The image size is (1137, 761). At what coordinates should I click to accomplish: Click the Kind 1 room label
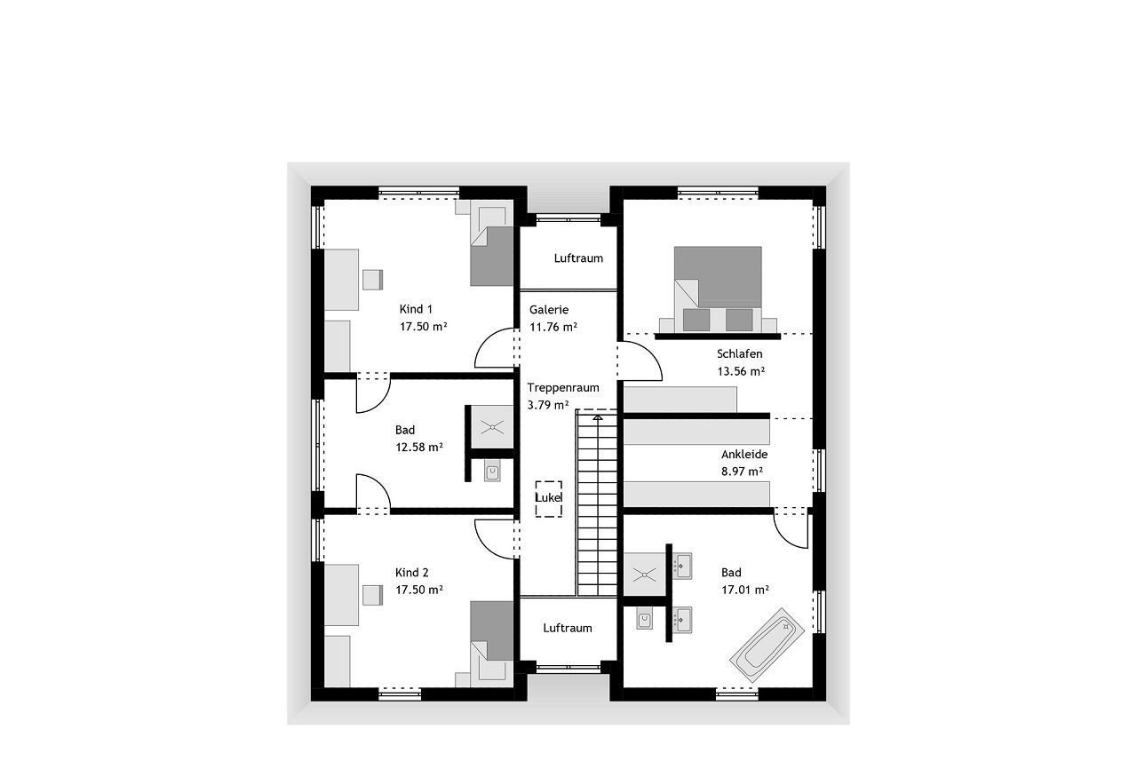pyautogui.click(x=416, y=309)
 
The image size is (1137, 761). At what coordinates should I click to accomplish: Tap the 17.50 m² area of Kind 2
pyautogui.click(x=419, y=590)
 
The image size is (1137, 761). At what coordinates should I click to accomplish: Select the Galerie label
pyautogui.click(x=549, y=310)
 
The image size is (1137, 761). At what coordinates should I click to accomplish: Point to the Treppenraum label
pyautogui.click(x=563, y=387)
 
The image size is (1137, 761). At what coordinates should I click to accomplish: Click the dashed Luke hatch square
pyautogui.click(x=549, y=499)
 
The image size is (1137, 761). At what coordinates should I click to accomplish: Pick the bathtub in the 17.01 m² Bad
pyautogui.click(x=767, y=645)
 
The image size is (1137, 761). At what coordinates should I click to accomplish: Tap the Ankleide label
pyautogui.click(x=744, y=454)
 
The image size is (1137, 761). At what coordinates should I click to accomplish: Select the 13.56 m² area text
pyautogui.click(x=741, y=371)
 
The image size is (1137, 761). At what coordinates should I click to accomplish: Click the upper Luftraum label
pyautogui.click(x=578, y=258)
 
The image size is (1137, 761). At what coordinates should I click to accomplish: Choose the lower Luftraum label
pyautogui.click(x=568, y=628)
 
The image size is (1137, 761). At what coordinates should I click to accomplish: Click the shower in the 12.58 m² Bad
pyautogui.click(x=492, y=427)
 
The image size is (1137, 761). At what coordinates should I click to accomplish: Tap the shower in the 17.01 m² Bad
pyautogui.click(x=645, y=575)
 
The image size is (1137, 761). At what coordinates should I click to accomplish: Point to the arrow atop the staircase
pyautogui.click(x=598, y=417)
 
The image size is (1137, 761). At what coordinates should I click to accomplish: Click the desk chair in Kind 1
pyautogui.click(x=372, y=280)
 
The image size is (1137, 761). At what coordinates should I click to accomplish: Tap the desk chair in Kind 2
pyautogui.click(x=372, y=595)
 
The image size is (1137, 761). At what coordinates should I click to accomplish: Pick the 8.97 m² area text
pyautogui.click(x=742, y=472)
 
